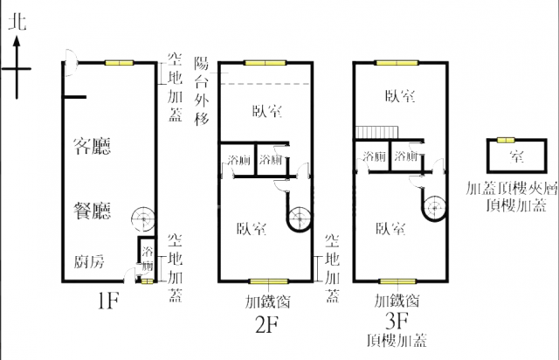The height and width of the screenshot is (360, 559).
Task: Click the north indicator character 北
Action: coord(16,24)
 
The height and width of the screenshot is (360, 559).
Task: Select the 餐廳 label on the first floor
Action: coord(93,210)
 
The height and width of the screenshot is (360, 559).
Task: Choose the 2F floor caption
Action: coord(266,327)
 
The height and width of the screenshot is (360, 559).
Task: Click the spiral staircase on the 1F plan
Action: coord(140,218)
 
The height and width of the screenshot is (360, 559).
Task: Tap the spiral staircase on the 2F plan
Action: coord(299,214)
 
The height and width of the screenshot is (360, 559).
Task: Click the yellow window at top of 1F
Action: coord(120,63)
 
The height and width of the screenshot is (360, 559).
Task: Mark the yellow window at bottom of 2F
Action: coord(263,282)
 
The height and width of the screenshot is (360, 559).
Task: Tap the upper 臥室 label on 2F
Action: coord(266,111)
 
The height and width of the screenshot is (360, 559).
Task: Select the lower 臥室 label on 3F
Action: coord(390,229)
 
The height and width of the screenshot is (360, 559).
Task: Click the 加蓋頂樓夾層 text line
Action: coord(512,188)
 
